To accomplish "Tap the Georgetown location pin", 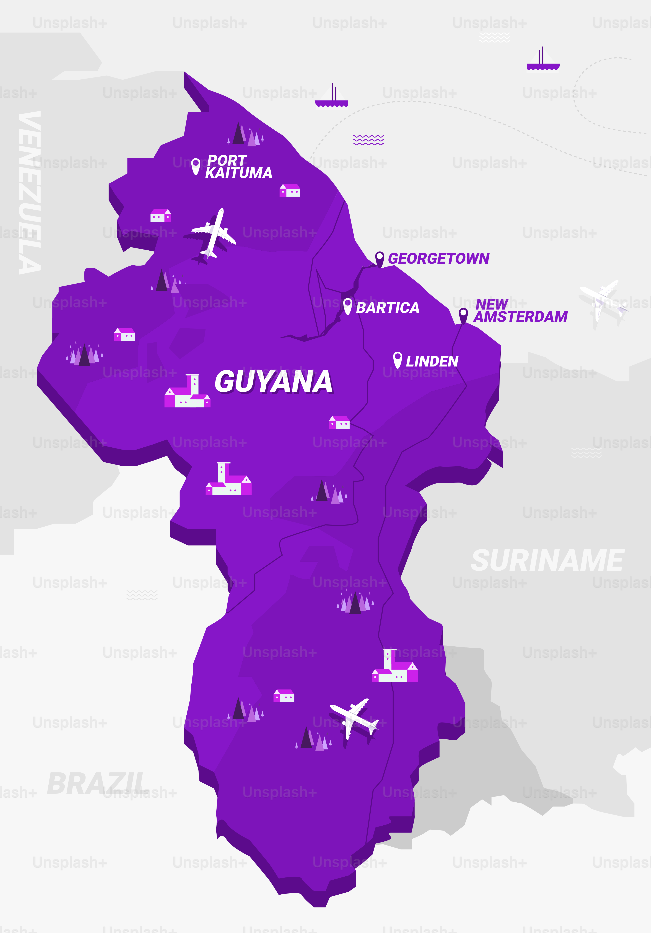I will click(380, 259).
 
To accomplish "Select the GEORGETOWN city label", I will click(439, 258).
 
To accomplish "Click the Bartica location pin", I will click(347, 306).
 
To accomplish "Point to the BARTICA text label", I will click(387, 308).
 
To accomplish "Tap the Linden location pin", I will click(397, 360).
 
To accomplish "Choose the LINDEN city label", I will click(432, 361).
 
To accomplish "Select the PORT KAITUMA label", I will click(238, 167).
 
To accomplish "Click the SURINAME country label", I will click(547, 561).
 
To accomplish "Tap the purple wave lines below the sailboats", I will click(369, 140).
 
